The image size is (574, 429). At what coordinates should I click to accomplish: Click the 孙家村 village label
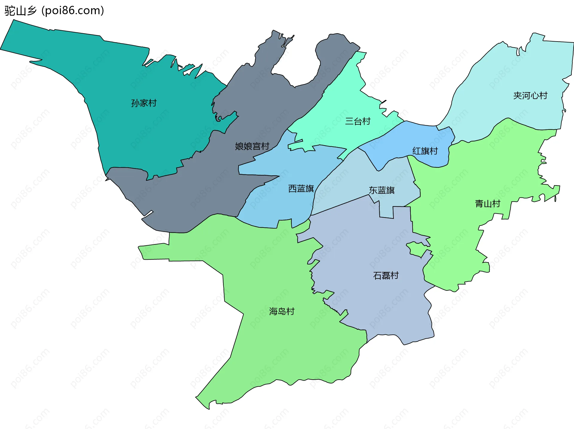coord(144,103)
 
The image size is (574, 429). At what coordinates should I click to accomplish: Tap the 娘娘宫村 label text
coord(252,146)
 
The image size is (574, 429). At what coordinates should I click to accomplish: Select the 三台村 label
coord(358,121)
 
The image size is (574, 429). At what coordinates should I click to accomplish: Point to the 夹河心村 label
coord(530,96)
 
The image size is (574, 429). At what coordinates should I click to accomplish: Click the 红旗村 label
coord(425,151)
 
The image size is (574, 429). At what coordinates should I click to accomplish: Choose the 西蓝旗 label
coord(301,188)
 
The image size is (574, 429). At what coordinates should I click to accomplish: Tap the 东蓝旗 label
coord(381,190)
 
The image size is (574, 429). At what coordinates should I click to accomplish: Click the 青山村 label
coord(488,204)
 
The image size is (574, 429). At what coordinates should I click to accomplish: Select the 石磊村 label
coord(386,276)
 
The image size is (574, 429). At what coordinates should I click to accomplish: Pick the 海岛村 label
coord(282,311)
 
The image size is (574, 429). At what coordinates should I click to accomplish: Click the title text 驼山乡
coord(20,11)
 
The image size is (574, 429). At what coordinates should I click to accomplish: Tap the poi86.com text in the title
coord(73,11)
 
